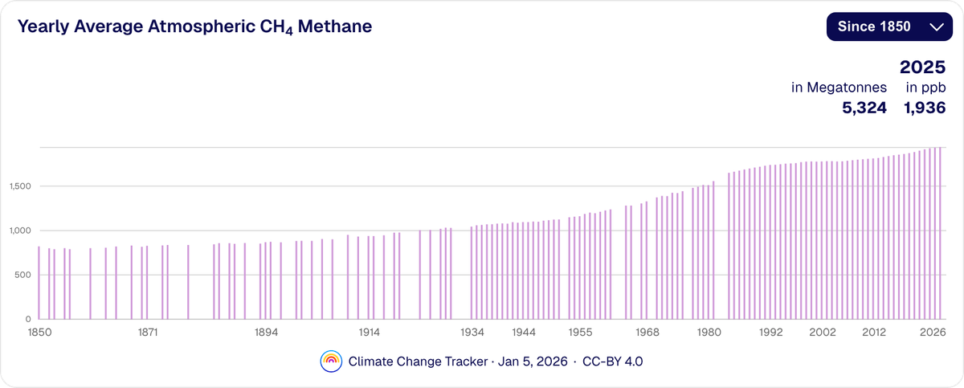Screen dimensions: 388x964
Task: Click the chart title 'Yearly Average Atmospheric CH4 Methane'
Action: pos(194,27)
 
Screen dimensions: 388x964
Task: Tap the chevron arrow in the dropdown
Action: pos(935,27)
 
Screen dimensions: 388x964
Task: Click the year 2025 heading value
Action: pos(922,68)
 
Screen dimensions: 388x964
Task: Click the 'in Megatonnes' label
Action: pos(839,88)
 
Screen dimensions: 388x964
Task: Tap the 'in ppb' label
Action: pos(926,88)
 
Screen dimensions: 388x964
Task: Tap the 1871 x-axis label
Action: pos(147,331)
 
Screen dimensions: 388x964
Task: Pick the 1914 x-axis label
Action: pos(370,331)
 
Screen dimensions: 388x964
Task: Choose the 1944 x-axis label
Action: pos(524,331)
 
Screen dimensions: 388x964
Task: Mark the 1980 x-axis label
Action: pos(708,331)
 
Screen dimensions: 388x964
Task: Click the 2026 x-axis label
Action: pos(931,331)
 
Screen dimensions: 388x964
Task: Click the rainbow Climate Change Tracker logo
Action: pos(331,361)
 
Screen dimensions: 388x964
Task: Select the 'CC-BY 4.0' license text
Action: pos(612,361)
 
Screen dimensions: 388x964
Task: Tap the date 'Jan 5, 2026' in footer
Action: pos(533,361)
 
